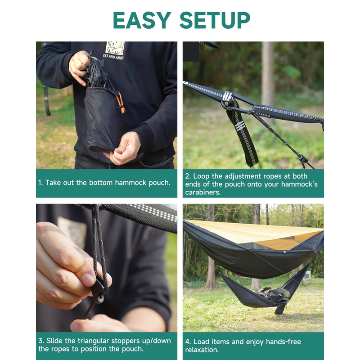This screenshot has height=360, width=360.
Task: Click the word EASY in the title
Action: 142,20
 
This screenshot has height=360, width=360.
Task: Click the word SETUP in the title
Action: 215,20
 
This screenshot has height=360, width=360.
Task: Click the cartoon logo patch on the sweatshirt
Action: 115,48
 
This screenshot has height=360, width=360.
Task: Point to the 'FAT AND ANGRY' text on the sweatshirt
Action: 113,57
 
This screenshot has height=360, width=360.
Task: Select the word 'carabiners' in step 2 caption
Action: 203,192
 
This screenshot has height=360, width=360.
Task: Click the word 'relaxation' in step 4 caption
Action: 202,350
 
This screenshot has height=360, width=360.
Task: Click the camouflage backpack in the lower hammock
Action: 274,293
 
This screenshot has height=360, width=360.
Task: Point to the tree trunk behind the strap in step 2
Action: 268,73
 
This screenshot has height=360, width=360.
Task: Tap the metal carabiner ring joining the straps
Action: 226,105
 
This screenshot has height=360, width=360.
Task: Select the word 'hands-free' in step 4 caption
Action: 283,342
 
